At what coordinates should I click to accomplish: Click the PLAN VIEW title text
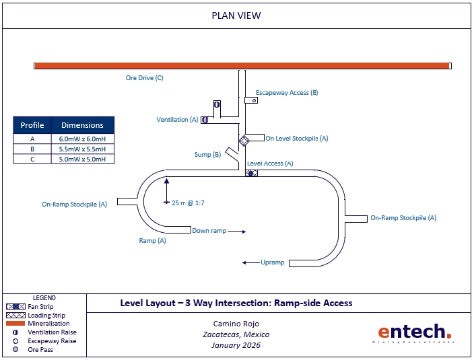(236, 15)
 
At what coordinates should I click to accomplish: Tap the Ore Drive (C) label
(144, 78)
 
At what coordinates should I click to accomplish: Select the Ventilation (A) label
(177, 120)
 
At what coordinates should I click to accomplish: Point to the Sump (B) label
(207, 155)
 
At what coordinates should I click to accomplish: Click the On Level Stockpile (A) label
(297, 139)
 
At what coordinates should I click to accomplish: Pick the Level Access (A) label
(270, 164)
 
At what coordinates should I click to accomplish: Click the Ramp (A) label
(152, 240)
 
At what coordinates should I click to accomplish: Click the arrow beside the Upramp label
(250, 262)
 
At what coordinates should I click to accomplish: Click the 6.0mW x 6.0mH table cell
(82, 139)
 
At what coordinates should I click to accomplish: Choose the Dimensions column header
(82, 125)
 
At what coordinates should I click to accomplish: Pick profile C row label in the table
(32, 159)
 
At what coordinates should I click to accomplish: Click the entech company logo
(413, 332)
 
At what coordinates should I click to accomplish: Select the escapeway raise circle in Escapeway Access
(255, 100)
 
